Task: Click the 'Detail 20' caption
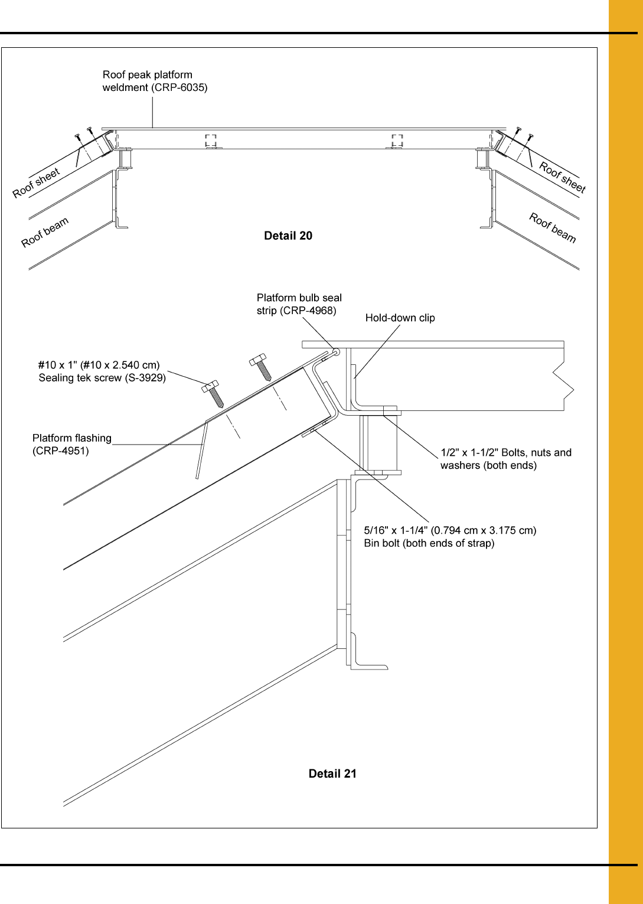288,236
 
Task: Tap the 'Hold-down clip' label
400,318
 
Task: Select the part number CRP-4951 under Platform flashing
61,451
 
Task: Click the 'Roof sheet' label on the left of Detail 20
37,183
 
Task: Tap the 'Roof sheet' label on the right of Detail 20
562,177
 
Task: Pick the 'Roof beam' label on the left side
45,232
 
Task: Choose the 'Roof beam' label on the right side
553,227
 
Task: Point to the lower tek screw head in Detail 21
210,386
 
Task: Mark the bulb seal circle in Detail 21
337,352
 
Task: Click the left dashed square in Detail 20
211,141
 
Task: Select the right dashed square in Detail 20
397,141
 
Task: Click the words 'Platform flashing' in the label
72,438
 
